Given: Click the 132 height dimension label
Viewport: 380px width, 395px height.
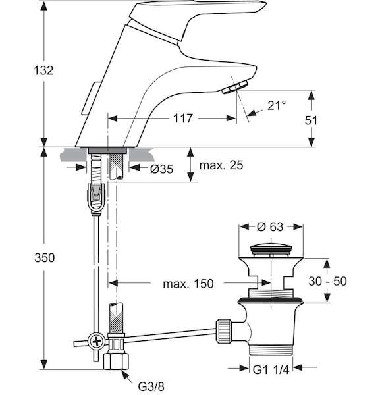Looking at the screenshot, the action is coord(43,70).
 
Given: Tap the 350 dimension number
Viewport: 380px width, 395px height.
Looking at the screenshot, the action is coord(44,258).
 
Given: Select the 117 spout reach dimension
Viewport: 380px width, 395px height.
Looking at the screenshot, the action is coord(183,118).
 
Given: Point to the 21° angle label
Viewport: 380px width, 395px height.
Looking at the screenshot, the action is coord(277,105).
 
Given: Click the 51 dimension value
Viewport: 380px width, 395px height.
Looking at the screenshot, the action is coord(311,120).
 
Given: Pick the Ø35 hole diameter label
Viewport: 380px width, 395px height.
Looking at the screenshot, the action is coord(161,169).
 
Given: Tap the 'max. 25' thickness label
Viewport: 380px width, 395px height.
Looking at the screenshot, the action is coord(221,165).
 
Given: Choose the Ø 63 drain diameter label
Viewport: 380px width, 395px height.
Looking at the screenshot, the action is coord(270,226).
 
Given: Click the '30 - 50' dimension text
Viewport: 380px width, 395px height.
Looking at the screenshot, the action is coord(327,281).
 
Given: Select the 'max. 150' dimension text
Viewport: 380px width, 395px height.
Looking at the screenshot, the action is coord(188,284).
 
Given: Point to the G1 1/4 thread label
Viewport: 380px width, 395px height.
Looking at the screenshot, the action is coord(271,370).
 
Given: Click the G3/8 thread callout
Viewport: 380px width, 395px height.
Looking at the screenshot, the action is coord(151,386).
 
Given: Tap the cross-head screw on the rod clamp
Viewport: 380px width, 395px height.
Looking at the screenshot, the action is coord(97,342).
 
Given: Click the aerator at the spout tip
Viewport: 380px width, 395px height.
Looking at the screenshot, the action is coord(235,87).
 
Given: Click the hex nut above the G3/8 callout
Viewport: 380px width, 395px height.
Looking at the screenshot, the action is coord(116,361).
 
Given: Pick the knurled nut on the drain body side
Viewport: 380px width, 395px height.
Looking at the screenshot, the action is coord(223,331).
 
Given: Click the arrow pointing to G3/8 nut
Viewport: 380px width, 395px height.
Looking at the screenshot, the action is coord(127,377).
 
